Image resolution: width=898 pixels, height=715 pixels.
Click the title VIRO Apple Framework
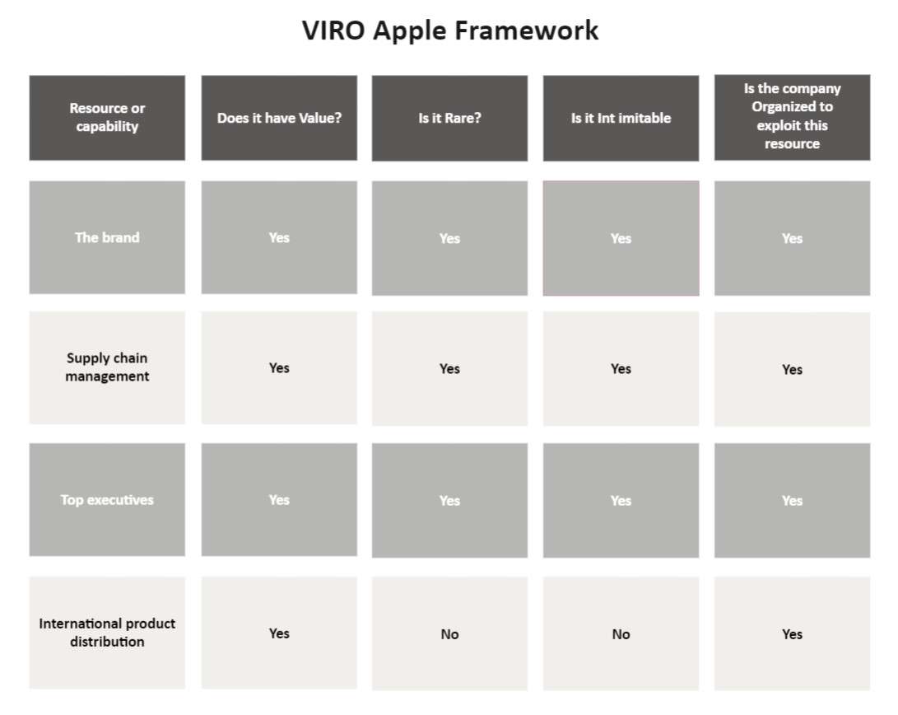click(450, 30)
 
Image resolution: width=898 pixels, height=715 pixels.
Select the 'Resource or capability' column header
click(107, 118)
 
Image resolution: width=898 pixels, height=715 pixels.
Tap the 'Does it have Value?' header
click(279, 118)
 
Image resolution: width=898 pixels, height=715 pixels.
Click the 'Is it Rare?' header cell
click(449, 118)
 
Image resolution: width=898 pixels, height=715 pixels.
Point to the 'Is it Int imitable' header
click(621, 118)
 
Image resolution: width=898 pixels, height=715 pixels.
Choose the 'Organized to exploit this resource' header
click(792, 117)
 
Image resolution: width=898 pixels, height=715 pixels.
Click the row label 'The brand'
click(107, 237)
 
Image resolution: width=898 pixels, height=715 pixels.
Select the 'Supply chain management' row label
click(107, 367)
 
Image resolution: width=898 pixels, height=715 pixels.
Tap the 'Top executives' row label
click(107, 499)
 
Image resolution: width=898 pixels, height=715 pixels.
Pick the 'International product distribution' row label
click(107, 633)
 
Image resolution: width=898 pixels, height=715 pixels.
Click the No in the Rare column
click(449, 634)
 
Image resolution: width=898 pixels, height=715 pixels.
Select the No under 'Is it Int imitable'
click(621, 634)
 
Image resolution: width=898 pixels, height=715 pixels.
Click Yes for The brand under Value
click(279, 237)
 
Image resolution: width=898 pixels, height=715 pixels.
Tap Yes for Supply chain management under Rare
click(449, 368)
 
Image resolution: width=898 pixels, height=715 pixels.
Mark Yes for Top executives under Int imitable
click(621, 500)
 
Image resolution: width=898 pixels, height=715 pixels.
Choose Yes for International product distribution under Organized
click(792, 634)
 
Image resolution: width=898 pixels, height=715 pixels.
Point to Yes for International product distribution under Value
click(279, 633)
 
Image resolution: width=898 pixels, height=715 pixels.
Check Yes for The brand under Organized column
click(792, 238)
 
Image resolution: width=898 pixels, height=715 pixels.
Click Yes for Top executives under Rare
click(449, 500)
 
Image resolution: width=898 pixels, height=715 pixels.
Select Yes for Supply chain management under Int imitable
click(621, 368)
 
